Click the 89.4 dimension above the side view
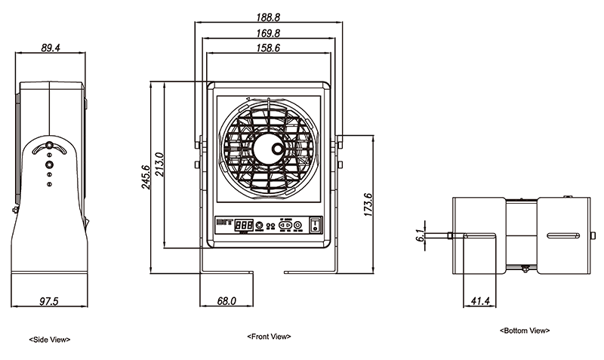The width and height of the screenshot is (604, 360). pos(51,48)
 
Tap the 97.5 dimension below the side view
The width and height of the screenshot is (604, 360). pos(49,301)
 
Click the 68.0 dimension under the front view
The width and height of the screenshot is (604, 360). pos(226,301)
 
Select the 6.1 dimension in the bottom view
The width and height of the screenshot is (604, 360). pos(420,235)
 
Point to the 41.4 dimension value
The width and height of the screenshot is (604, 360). pos(480,301)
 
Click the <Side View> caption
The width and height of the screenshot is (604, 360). pos(49,340)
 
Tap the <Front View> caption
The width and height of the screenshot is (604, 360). pos(269,336)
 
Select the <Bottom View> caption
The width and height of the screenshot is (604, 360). pos(525,331)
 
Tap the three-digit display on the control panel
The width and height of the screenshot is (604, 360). pos(243,224)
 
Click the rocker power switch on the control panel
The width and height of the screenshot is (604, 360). pos(316,224)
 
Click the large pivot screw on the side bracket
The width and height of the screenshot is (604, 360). pos(49,162)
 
